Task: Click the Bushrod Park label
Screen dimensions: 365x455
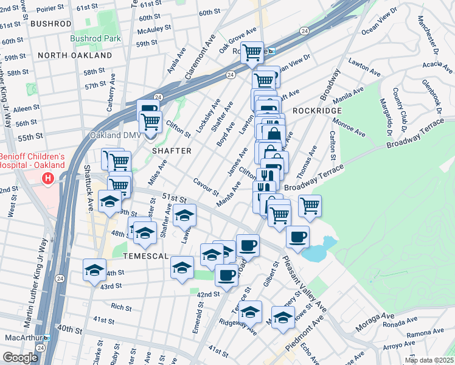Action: coord(95,38)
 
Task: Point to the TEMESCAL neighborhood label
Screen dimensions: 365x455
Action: coord(145,256)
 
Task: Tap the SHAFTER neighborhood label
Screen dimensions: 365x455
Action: coord(172,150)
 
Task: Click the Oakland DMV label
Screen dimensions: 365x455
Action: coord(115,135)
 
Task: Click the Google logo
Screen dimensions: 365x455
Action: coord(19,358)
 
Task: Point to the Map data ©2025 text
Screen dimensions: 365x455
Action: coord(429,360)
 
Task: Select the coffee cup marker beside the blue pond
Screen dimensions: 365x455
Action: coord(297,237)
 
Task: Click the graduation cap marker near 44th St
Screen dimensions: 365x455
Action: coord(95,269)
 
